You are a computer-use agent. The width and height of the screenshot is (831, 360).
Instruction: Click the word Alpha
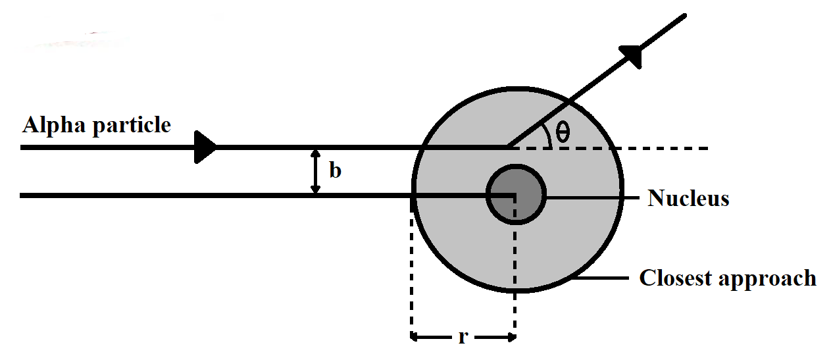pyautogui.click(x=55, y=124)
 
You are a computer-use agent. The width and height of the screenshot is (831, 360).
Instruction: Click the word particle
pyautogui.click(x=132, y=124)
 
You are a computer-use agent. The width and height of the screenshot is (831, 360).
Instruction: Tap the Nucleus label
pyautogui.click(x=688, y=198)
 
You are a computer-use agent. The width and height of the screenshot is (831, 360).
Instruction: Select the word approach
pyautogui.click(x=767, y=279)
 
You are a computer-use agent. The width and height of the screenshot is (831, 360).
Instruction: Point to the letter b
pyautogui.click(x=336, y=170)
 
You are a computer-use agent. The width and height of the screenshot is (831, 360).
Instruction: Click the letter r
pyautogui.click(x=463, y=338)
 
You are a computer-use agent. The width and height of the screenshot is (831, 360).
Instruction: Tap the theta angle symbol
pyautogui.click(x=563, y=132)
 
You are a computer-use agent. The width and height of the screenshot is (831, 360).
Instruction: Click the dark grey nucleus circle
pyautogui.click(x=516, y=194)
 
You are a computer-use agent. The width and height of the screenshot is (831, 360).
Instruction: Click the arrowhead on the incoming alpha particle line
pyautogui.click(x=205, y=147)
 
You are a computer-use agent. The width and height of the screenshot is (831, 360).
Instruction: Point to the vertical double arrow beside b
pyautogui.click(x=315, y=172)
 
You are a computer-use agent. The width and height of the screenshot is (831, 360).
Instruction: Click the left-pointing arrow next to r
pyautogui.click(x=431, y=338)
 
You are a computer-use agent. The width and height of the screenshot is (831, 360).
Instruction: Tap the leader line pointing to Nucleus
pyautogui.click(x=592, y=198)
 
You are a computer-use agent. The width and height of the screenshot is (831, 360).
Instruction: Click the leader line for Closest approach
pyautogui.click(x=600, y=278)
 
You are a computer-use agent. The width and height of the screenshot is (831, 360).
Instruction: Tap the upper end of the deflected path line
pyautogui.click(x=684, y=16)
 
